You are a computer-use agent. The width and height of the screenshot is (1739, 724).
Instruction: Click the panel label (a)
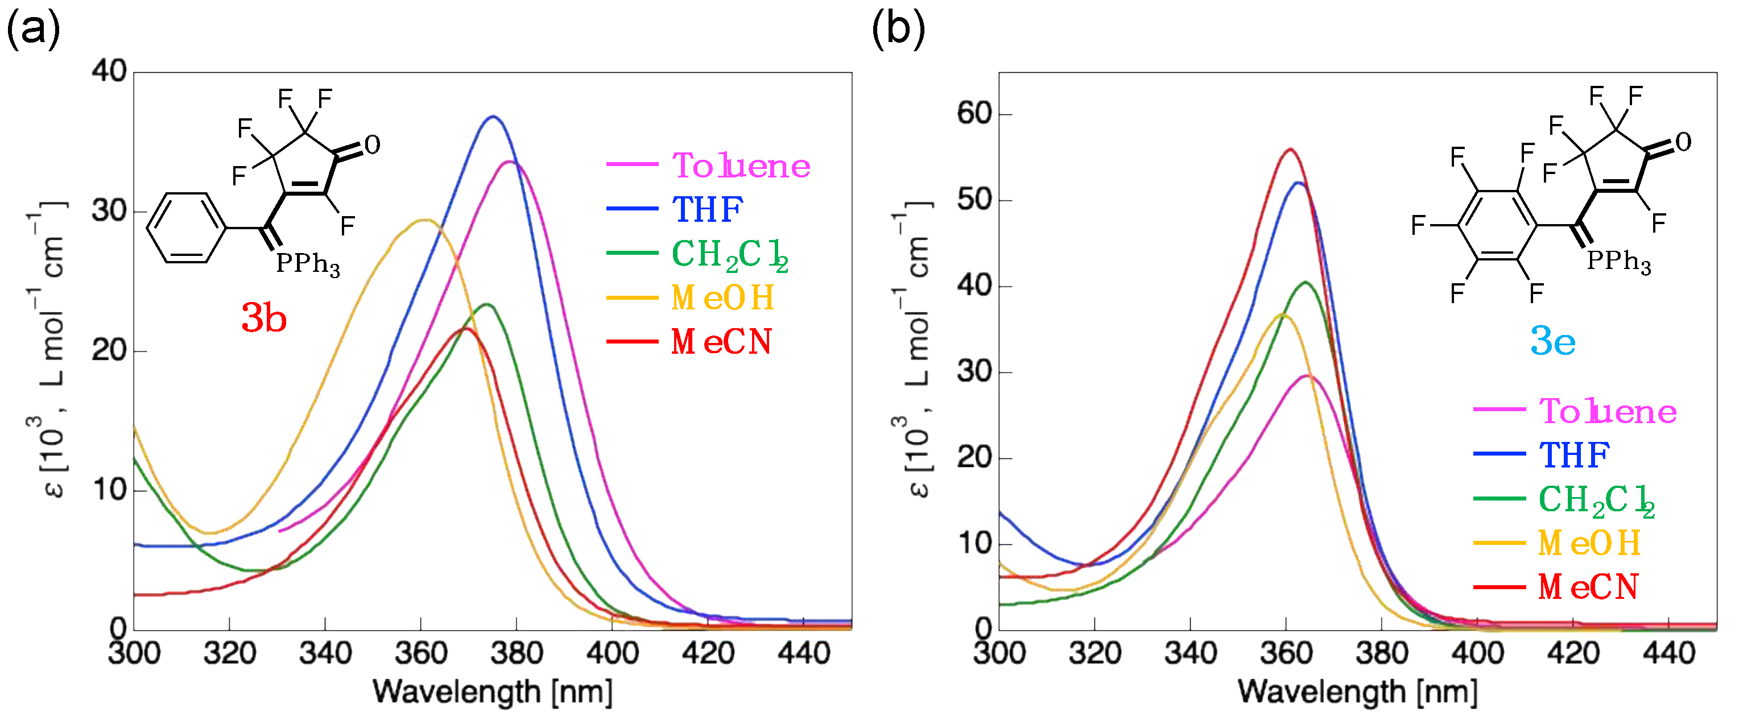coord(32,30)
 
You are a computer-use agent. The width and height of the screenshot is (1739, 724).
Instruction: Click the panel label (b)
coord(898,30)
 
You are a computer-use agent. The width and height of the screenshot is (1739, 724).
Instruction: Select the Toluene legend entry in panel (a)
coord(741,166)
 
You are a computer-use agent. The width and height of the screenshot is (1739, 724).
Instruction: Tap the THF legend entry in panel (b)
coord(1573,455)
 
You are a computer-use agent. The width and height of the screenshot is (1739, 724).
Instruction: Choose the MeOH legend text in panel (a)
coord(722,297)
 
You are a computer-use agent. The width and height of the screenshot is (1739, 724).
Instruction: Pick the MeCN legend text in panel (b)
coord(1588,586)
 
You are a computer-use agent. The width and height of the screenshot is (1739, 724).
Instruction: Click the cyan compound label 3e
coord(1552,341)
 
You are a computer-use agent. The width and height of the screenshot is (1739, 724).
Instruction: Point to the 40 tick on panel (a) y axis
coord(109,72)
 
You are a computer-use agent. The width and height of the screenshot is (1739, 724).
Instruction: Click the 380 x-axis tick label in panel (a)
coord(517,653)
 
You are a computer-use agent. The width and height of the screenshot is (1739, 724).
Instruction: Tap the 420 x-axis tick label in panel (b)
coord(1573,653)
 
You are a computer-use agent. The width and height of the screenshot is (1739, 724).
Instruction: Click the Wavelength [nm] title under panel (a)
coord(493,692)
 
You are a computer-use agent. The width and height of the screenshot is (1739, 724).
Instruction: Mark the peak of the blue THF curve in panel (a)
coord(493,117)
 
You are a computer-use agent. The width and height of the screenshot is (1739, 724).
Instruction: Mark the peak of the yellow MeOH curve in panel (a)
coord(424,220)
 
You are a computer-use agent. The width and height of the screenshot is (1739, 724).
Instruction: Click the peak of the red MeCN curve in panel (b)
coord(1290,150)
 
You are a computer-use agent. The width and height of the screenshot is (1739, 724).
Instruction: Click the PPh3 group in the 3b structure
coord(308,263)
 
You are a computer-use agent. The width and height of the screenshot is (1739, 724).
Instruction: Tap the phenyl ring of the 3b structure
coord(185,227)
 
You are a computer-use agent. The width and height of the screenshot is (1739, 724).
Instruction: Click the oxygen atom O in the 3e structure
coord(1683,142)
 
